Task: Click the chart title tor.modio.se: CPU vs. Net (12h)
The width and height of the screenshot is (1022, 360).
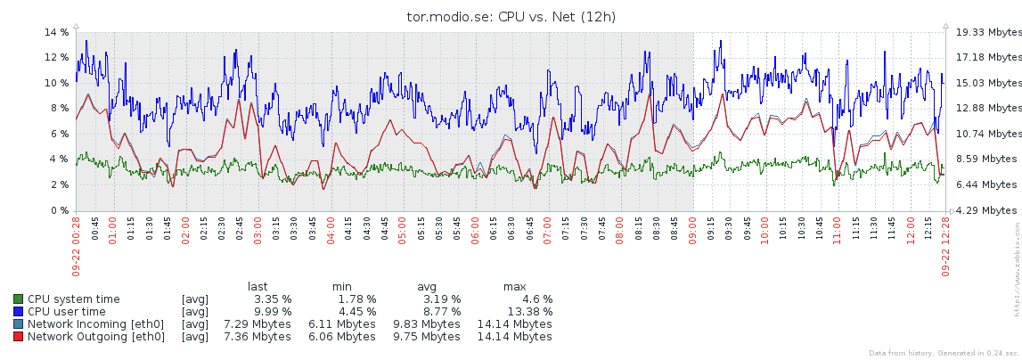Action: (511, 16)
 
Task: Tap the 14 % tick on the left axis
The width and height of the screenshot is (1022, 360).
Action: (57, 32)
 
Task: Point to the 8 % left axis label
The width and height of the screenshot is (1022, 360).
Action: (61, 108)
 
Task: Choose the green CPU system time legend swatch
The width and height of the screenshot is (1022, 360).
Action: (19, 299)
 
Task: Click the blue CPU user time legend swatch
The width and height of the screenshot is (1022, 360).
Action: (19, 312)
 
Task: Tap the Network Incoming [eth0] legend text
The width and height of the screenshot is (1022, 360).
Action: (96, 324)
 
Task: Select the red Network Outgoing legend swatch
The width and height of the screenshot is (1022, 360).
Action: (19, 337)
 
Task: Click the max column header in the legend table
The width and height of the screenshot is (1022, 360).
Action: (514, 286)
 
